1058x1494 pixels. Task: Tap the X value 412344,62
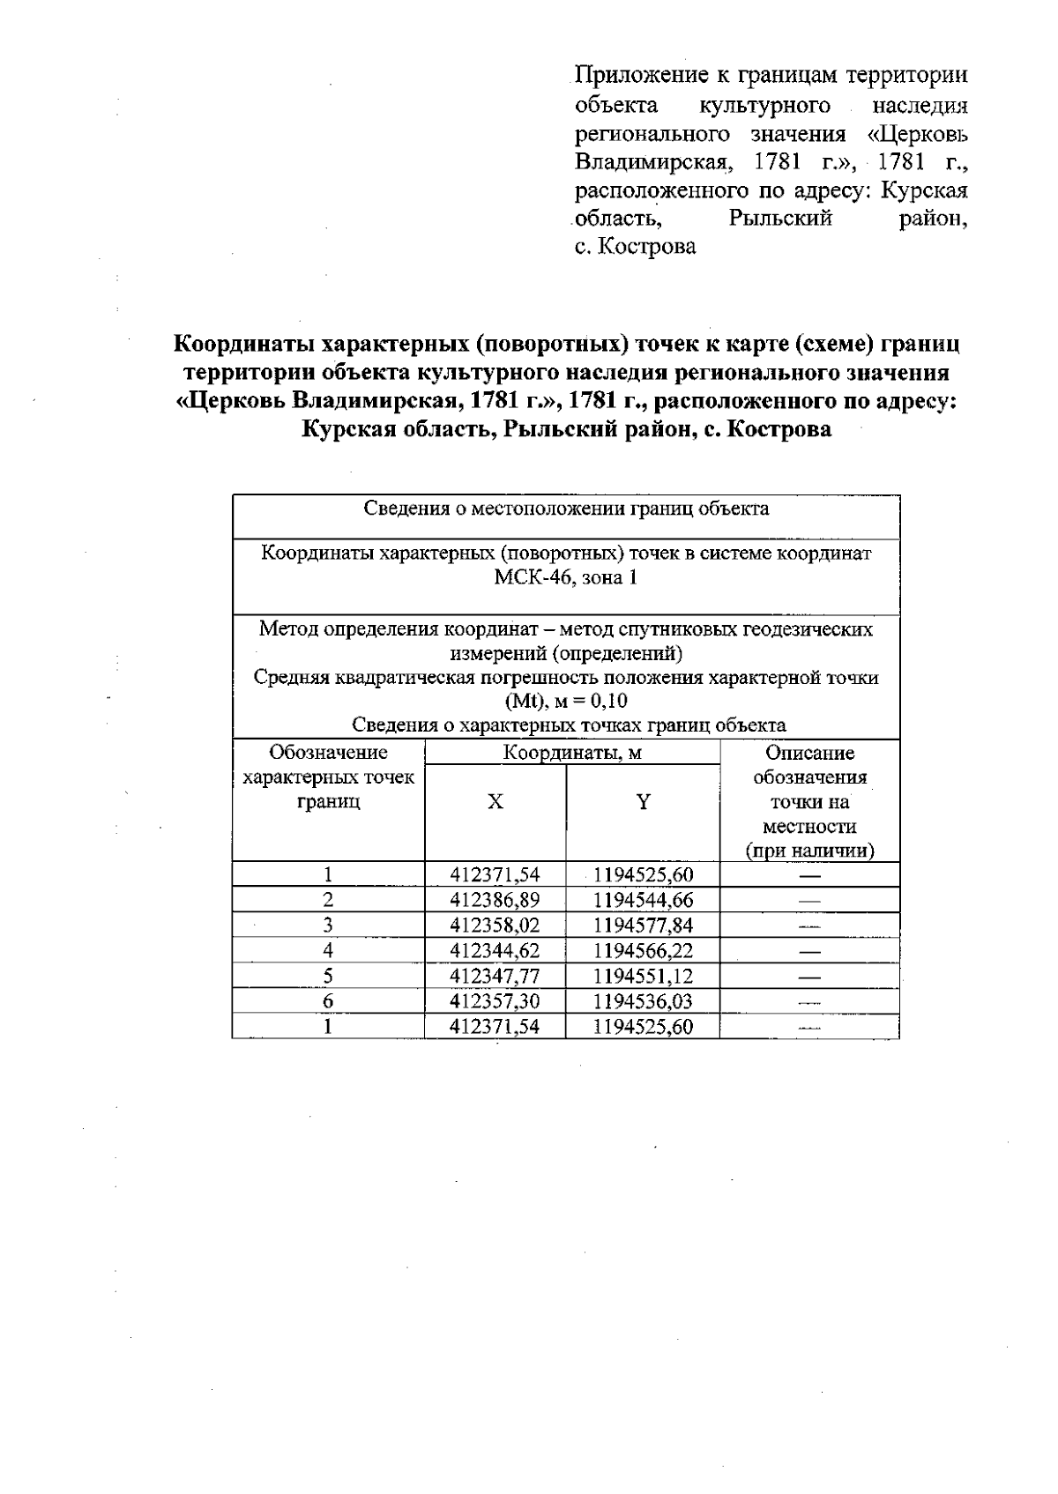pyautogui.click(x=495, y=950)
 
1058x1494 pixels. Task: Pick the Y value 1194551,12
pyautogui.click(x=643, y=976)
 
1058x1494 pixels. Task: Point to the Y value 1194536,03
pyautogui.click(x=643, y=1001)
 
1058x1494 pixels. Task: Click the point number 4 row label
pyautogui.click(x=328, y=950)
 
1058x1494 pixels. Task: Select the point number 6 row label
pyautogui.click(x=328, y=1001)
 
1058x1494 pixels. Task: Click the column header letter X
pyautogui.click(x=495, y=802)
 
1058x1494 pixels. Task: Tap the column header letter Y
pyautogui.click(x=644, y=802)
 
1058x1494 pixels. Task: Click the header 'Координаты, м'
pyautogui.click(x=572, y=753)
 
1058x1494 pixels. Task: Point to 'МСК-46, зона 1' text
pyautogui.click(x=566, y=578)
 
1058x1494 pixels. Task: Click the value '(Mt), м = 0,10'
pyautogui.click(x=566, y=702)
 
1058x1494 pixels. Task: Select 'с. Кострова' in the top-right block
pyautogui.click(x=635, y=247)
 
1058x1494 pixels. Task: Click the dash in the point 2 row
pyautogui.click(x=808, y=901)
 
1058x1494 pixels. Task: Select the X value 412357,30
pyautogui.click(x=495, y=1001)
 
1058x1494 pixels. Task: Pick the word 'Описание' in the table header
pyautogui.click(x=809, y=753)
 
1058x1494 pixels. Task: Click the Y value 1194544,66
pyautogui.click(x=643, y=900)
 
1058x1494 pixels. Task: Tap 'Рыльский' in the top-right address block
pyautogui.click(x=780, y=219)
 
